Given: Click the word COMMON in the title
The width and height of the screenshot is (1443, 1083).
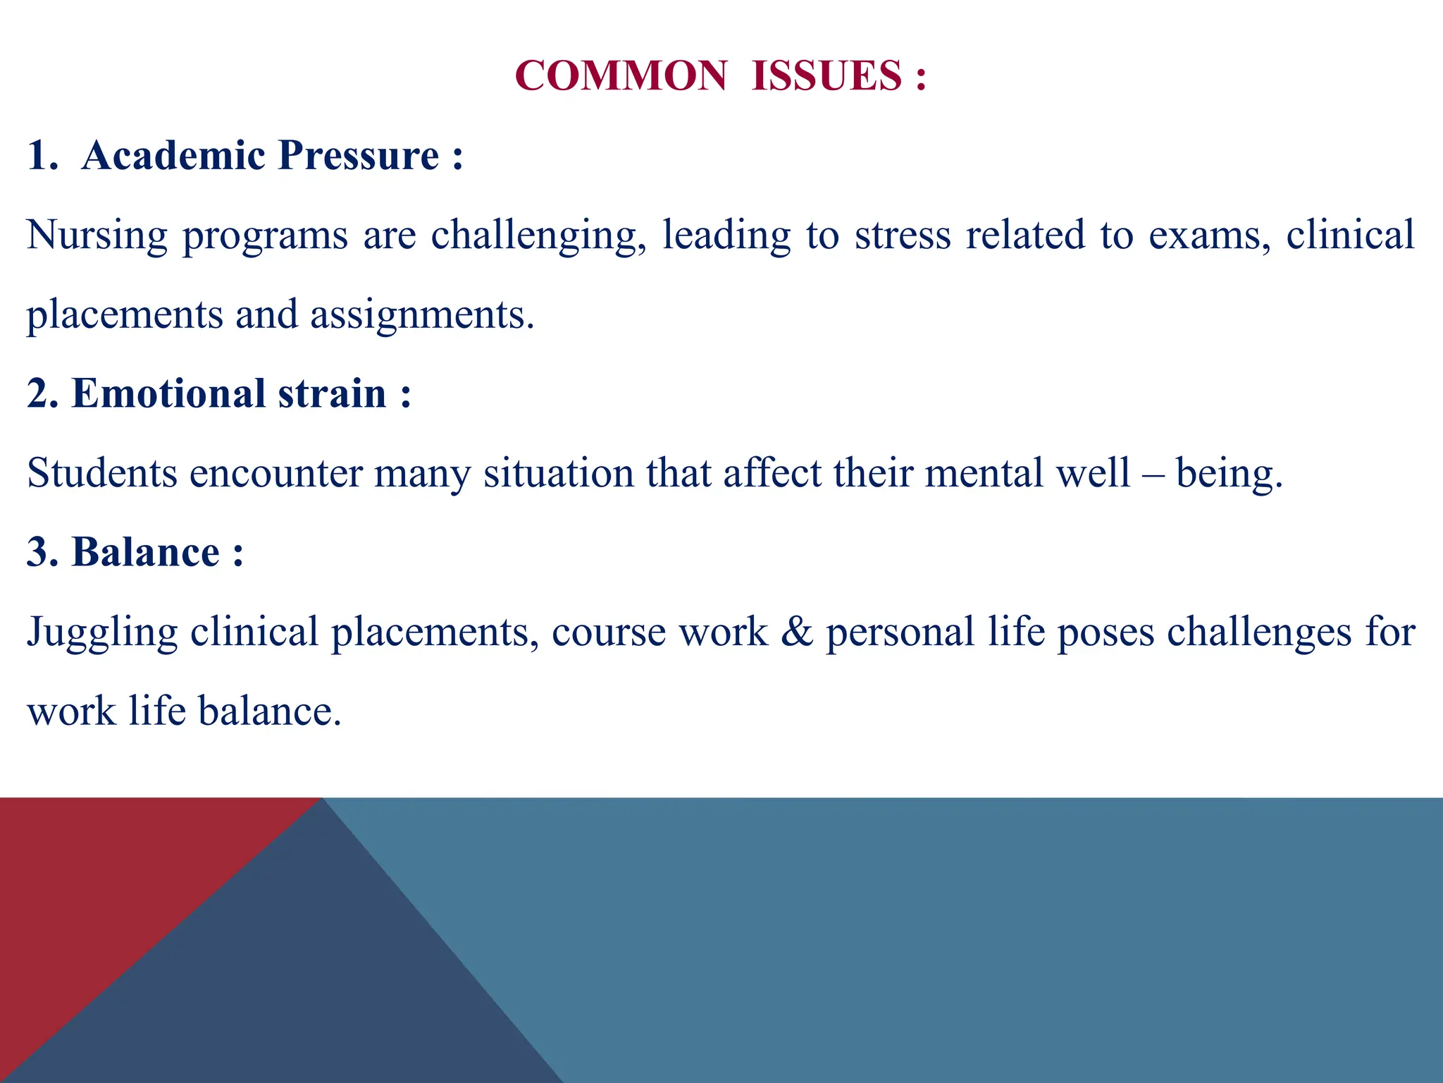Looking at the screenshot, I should tap(621, 75).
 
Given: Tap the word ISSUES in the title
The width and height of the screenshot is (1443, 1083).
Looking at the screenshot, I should tap(826, 75).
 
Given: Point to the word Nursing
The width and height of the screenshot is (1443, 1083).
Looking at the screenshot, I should tap(97, 235).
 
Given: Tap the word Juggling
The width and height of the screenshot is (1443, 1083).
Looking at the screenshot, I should tap(101, 632).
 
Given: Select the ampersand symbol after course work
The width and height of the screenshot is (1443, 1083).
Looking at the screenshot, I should tap(796, 631).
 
